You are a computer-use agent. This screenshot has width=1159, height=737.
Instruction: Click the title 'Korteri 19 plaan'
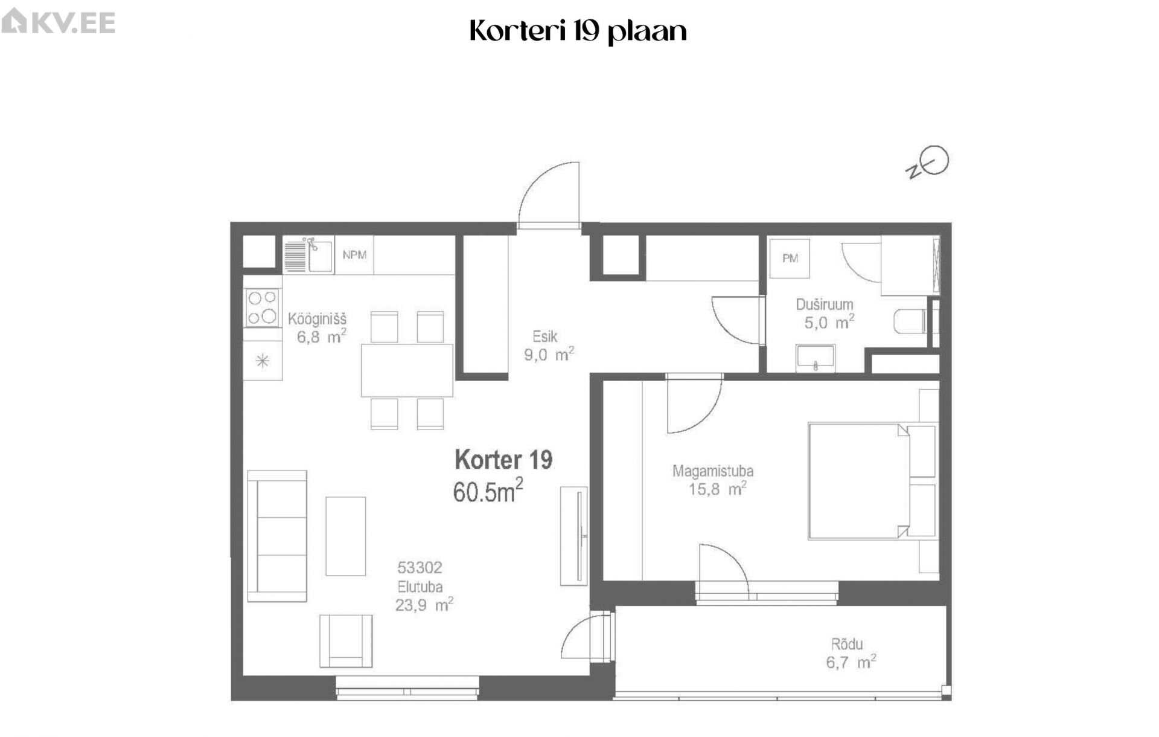pos(578,31)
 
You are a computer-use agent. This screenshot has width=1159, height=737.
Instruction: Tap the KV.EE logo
pos(58,22)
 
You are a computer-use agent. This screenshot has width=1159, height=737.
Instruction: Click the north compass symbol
pos(928,163)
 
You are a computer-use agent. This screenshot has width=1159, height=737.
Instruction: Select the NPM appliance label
pos(354,255)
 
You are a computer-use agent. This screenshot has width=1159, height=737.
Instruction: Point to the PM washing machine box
pos(790,259)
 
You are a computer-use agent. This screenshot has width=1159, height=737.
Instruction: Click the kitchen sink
pos(308,255)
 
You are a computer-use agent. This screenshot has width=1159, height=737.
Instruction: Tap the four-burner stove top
pos(263,307)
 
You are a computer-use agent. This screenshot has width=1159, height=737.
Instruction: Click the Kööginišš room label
pos(318,318)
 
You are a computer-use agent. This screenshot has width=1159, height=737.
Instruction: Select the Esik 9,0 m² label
pos(548,346)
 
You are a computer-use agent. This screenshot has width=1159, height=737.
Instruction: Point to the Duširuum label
pos(825,304)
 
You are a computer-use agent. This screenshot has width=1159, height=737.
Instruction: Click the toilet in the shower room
pos(910,321)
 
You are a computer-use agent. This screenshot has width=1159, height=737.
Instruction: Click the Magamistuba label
pos(713,471)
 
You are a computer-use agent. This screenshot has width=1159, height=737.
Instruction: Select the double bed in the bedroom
pos(872,481)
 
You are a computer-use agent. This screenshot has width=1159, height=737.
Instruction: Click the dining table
pos(407,370)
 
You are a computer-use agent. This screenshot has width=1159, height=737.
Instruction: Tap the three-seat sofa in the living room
pos(277,536)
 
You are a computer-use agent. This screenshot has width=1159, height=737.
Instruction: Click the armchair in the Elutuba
pos(346,641)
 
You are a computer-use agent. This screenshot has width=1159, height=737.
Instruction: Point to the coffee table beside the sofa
pos(346,536)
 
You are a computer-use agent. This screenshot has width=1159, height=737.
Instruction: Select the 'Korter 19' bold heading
pos(503,460)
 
